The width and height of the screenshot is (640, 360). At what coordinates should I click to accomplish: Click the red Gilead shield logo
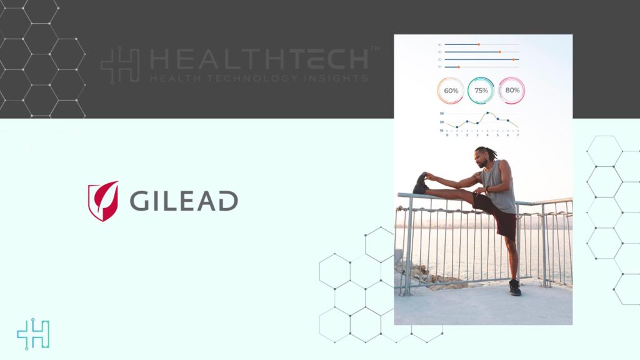point(103,201)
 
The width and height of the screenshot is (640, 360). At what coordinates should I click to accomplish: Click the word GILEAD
point(184,201)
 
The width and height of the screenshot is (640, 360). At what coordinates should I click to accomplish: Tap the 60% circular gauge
point(451,91)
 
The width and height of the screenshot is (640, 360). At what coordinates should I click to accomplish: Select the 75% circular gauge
point(481,91)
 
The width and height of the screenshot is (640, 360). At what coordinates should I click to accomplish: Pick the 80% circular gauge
point(512,91)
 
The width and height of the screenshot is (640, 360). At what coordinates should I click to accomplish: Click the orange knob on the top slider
point(478,44)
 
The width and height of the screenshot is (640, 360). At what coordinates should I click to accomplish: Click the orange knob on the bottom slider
point(458,66)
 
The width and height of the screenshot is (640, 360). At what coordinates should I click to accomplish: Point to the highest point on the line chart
point(487,113)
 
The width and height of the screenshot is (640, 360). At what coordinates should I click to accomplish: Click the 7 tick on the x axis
point(517,134)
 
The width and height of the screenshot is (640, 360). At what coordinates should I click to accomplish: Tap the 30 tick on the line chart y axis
point(441,114)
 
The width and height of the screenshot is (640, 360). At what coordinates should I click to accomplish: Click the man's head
point(482,156)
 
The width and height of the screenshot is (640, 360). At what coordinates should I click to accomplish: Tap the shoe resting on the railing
point(421,184)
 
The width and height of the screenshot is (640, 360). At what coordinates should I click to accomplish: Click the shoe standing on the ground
point(515,287)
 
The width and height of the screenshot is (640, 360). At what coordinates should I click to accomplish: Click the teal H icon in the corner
point(32,334)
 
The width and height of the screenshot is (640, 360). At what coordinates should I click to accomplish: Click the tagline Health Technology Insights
point(259,79)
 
